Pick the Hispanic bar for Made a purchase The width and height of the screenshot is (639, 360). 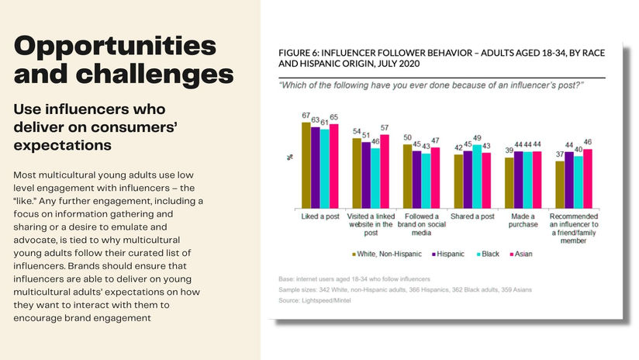(x=519, y=180)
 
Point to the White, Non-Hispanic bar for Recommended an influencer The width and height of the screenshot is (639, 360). (x=560, y=185)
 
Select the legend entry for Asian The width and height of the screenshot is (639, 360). (x=525, y=254)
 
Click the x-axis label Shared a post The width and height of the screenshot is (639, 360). (x=472, y=216)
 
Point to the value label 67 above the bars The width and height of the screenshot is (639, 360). (x=306, y=116)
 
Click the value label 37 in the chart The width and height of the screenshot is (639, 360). (x=559, y=154)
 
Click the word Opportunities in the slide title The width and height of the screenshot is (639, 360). (x=115, y=45)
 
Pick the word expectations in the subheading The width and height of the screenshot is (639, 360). (x=63, y=145)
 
